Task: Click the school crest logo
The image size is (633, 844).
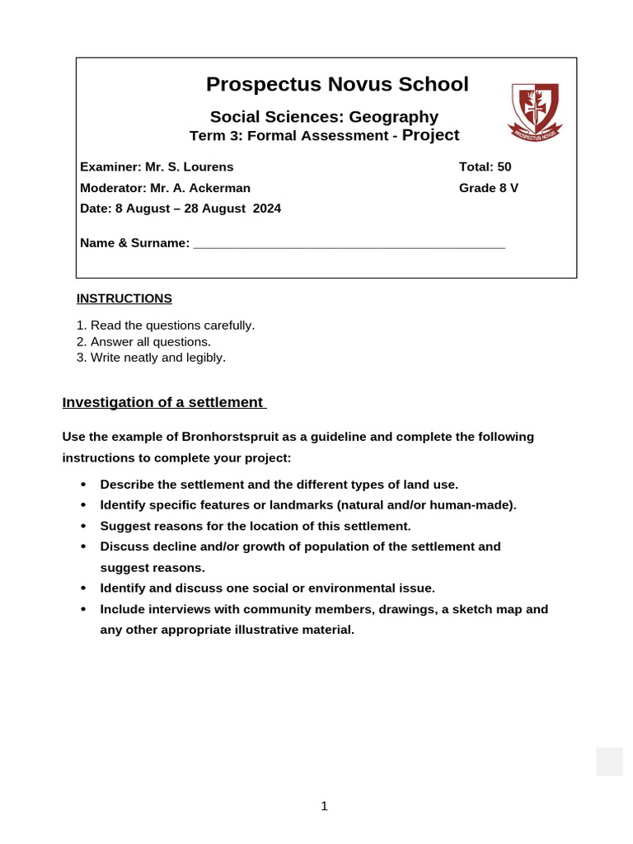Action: coord(535,110)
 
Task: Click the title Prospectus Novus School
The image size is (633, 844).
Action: coord(337,84)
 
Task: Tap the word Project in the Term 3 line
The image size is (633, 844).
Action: coord(430,135)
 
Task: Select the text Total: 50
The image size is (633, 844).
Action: coord(485,166)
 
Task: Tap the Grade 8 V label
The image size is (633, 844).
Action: coord(488,188)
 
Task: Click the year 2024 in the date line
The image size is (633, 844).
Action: coord(267,209)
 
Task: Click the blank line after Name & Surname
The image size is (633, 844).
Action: coord(349,244)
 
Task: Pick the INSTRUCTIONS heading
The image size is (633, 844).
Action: coord(124,298)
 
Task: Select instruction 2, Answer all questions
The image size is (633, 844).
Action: coord(144,341)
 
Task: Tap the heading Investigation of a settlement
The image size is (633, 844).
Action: coord(164,402)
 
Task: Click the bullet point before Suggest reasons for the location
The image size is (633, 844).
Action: coord(83,526)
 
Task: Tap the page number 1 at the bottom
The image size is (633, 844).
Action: coord(324,806)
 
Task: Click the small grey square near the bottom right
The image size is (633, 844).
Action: coord(609,762)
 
